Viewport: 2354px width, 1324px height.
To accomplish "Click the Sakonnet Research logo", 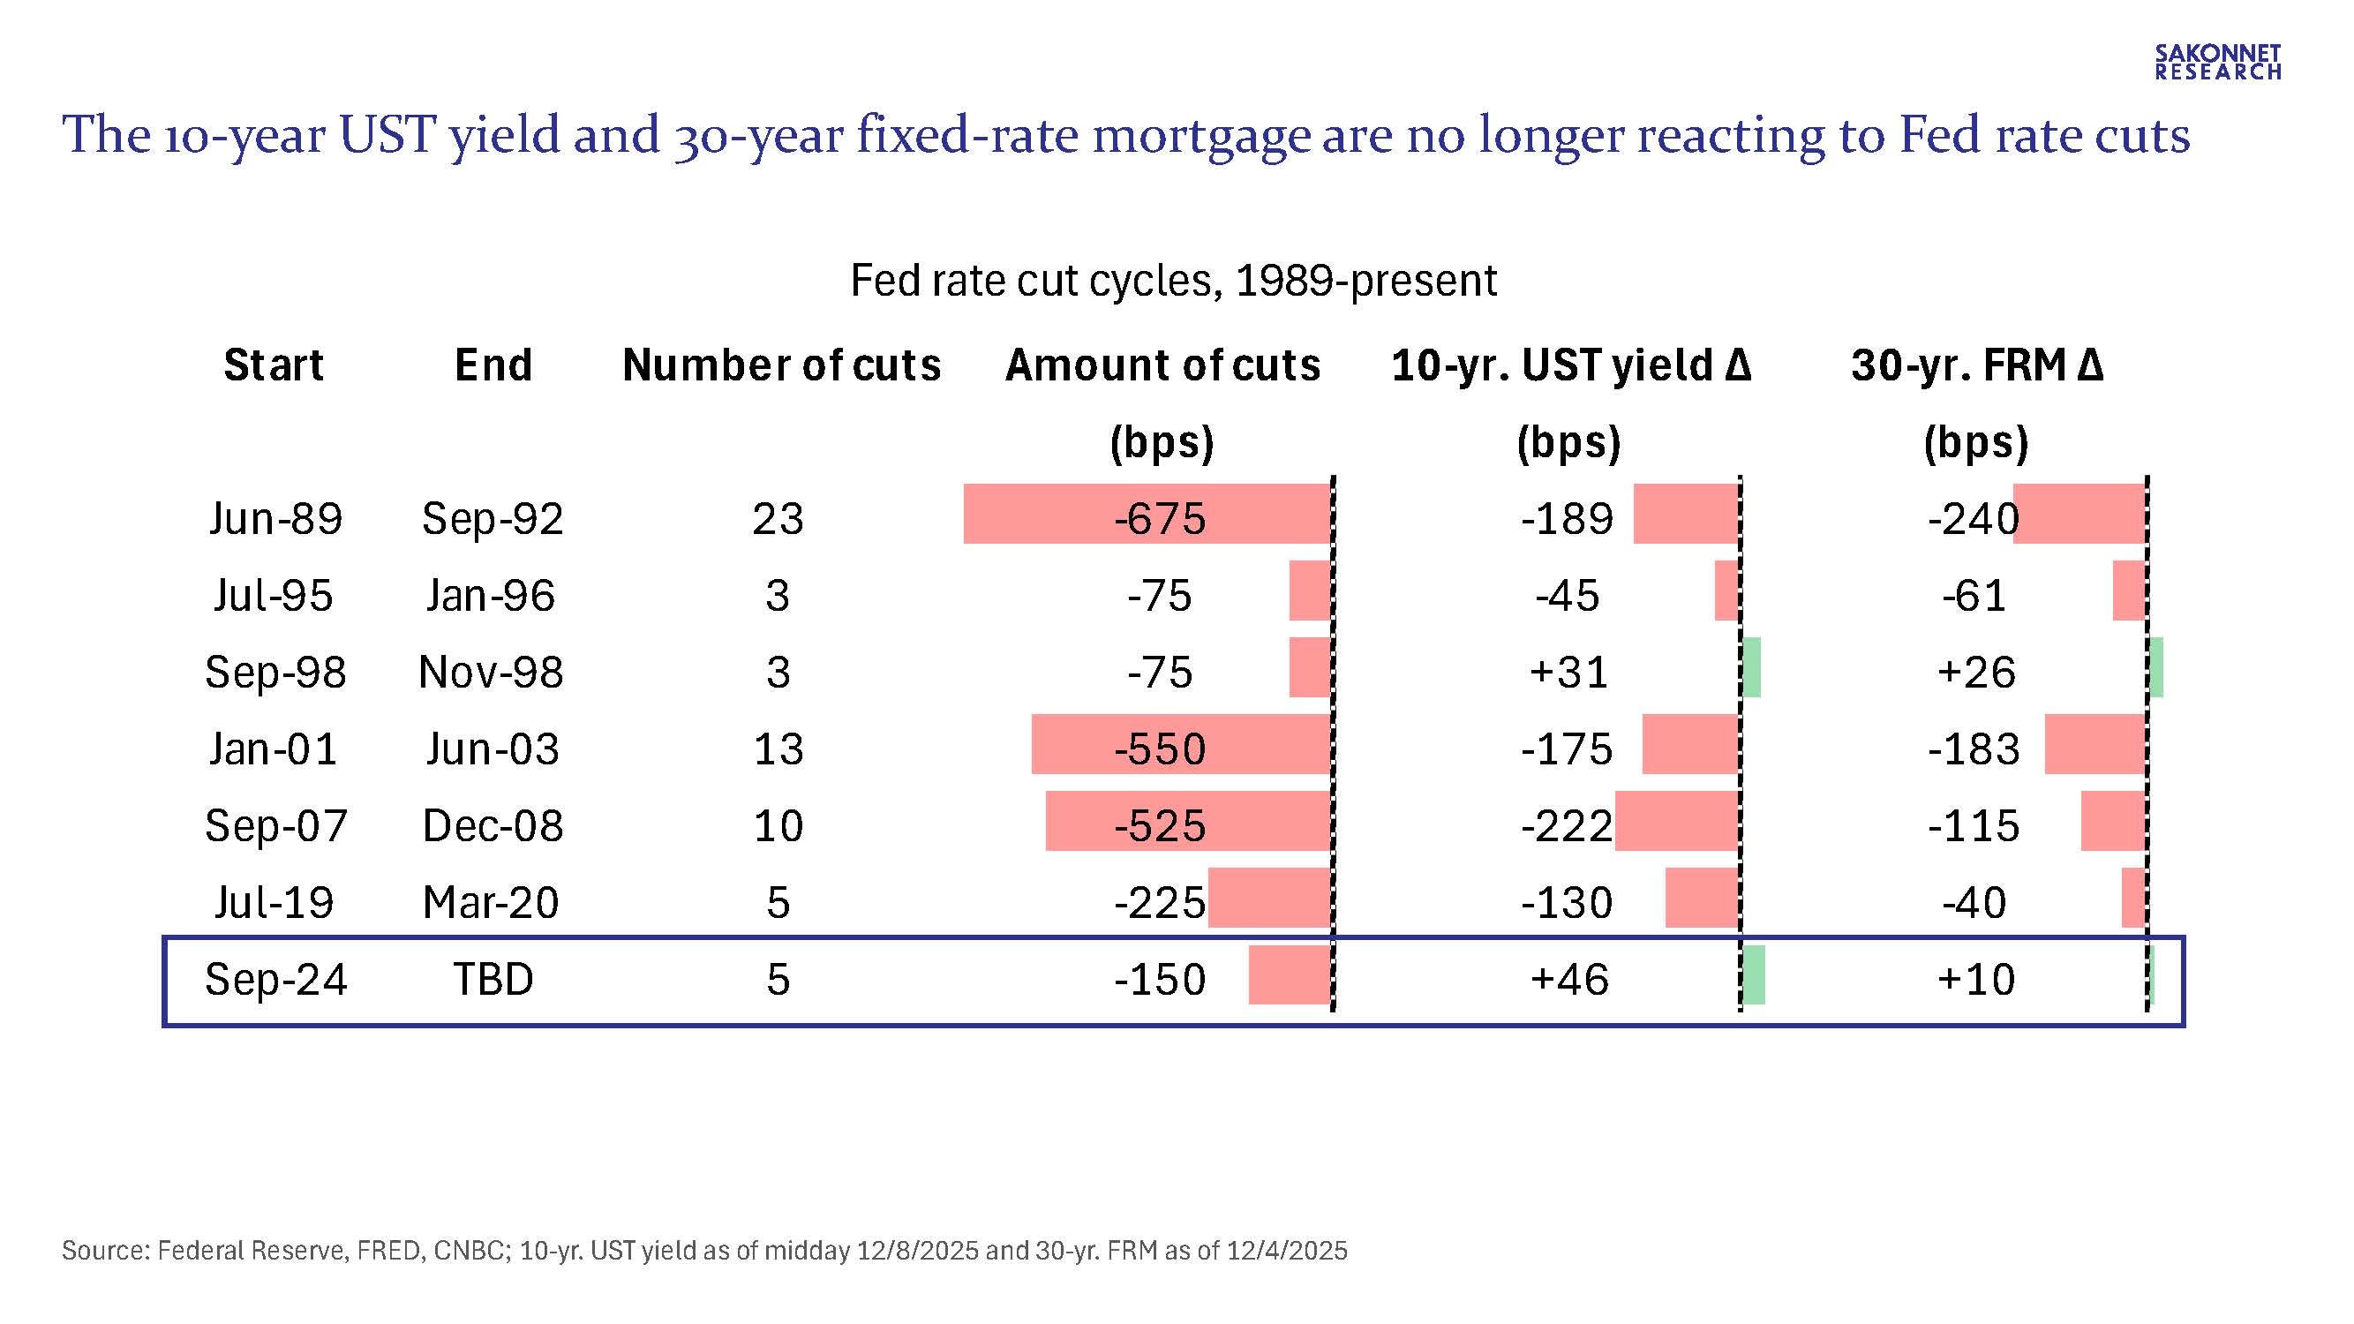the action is click(x=2218, y=62).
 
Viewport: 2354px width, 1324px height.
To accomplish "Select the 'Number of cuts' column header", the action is click(x=781, y=365).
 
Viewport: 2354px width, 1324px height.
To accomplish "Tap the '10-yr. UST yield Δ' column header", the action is click(x=1570, y=365).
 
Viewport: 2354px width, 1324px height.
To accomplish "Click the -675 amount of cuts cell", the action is click(x=1160, y=519).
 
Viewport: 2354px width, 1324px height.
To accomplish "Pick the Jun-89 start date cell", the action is click(x=275, y=519).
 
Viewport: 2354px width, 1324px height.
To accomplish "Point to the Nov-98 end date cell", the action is click(x=491, y=673).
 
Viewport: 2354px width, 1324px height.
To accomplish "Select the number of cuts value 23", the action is click(x=778, y=519).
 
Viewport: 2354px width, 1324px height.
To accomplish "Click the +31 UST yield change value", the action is click(x=1568, y=673).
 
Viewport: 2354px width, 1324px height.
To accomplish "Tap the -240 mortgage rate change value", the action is click(x=1973, y=519).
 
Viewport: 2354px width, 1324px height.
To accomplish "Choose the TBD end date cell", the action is click(x=493, y=980).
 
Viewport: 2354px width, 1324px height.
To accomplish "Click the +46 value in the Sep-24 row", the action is click(x=1569, y=980).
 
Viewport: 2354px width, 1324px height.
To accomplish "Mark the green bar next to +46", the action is click(x=1754, y=975).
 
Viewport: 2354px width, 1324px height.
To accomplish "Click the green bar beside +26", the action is click(x=2155, y=668).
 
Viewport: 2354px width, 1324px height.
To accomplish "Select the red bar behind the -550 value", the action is click(x=1181, y=744).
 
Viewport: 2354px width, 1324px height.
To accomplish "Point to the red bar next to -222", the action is click(x=1676, y=821).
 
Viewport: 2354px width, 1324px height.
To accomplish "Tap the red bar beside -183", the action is click(x=2095, y=744).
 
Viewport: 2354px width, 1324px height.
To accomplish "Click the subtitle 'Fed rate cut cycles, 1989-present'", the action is click(x=1173, y=280).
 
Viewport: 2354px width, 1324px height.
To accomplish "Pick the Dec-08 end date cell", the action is click(x=493, y=826).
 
